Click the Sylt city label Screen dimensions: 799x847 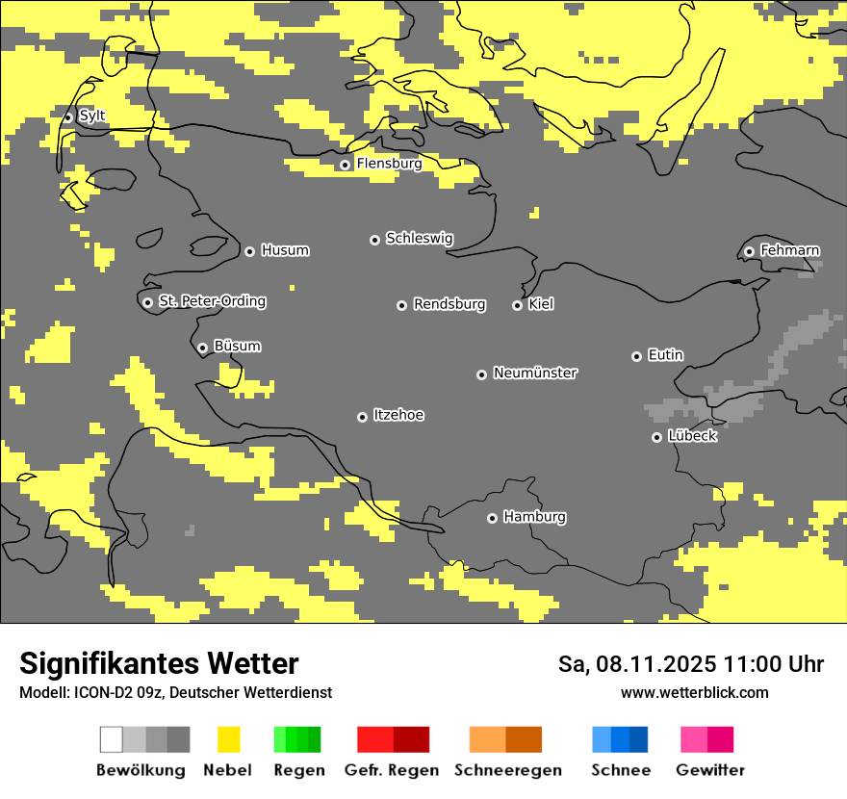tap(92, 116)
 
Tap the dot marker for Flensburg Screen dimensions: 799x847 tap(345, 165)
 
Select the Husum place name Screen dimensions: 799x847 tap(285, 251)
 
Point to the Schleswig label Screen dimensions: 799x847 tap(419, 239)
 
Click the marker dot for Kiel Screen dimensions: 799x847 tap(517, 305)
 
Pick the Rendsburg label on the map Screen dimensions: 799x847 tap(449, 305)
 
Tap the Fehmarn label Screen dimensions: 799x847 tap(789, 251)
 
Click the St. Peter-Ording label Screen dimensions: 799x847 tap(212, 302)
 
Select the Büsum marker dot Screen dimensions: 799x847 tap(202, 348)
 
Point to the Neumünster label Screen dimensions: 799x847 tap(535, 374)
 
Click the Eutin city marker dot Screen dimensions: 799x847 tap(636, 356)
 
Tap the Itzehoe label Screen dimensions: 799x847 tap(398, 416)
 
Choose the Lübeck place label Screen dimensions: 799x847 tap(692, 437)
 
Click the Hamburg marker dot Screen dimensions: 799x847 tap(492, 518)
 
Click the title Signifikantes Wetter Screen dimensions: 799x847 tap(159, 663)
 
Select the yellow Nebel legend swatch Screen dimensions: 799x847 tap(228, 739)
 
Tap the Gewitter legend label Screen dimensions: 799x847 tap(709, 770)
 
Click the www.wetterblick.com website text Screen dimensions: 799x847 tap(694, 693)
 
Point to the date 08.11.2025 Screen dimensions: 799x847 tap(656, 664)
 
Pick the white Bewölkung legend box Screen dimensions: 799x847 tap(112, 739)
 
